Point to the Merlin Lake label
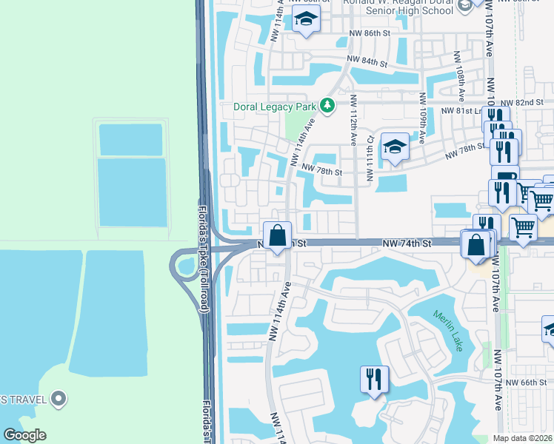pos(448,330)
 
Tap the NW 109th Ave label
pos(423,118)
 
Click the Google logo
pos(24,435)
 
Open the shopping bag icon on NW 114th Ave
pos(277,236)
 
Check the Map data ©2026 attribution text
pos(523,438)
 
